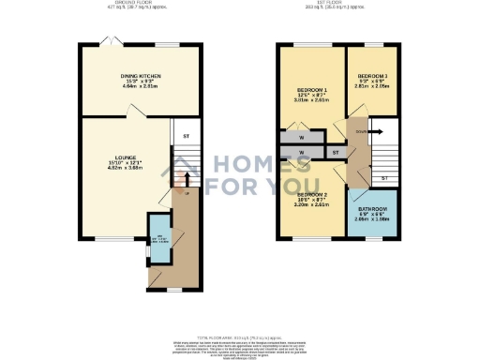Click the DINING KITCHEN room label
click(138, 76)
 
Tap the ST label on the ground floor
click(186, 137)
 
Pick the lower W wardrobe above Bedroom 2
click(302, 152)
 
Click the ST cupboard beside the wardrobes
click(335, 152)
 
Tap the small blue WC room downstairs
click(159, 238)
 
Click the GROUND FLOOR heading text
click(139, 4)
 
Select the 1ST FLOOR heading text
click(339, 4)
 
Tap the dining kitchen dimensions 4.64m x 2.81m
click(138, 87)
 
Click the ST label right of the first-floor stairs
click(384, 177)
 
